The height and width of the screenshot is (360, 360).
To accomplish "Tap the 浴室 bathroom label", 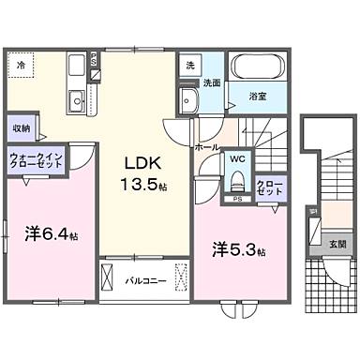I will pyautogui.click(x=256, y=95).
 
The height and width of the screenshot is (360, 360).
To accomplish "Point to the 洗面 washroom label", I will pyautogui.click(x=212, y=82).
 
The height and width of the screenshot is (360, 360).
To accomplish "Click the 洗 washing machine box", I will pyautogui.click(x=190, y=66).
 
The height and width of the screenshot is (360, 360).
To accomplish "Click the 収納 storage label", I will pyautogui.click(x=22, y=127).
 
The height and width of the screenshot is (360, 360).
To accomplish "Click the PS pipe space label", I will pyautogui.click(x=237, y=199).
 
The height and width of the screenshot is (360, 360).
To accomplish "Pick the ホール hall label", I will pyautogui.click(x=207, y=147).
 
